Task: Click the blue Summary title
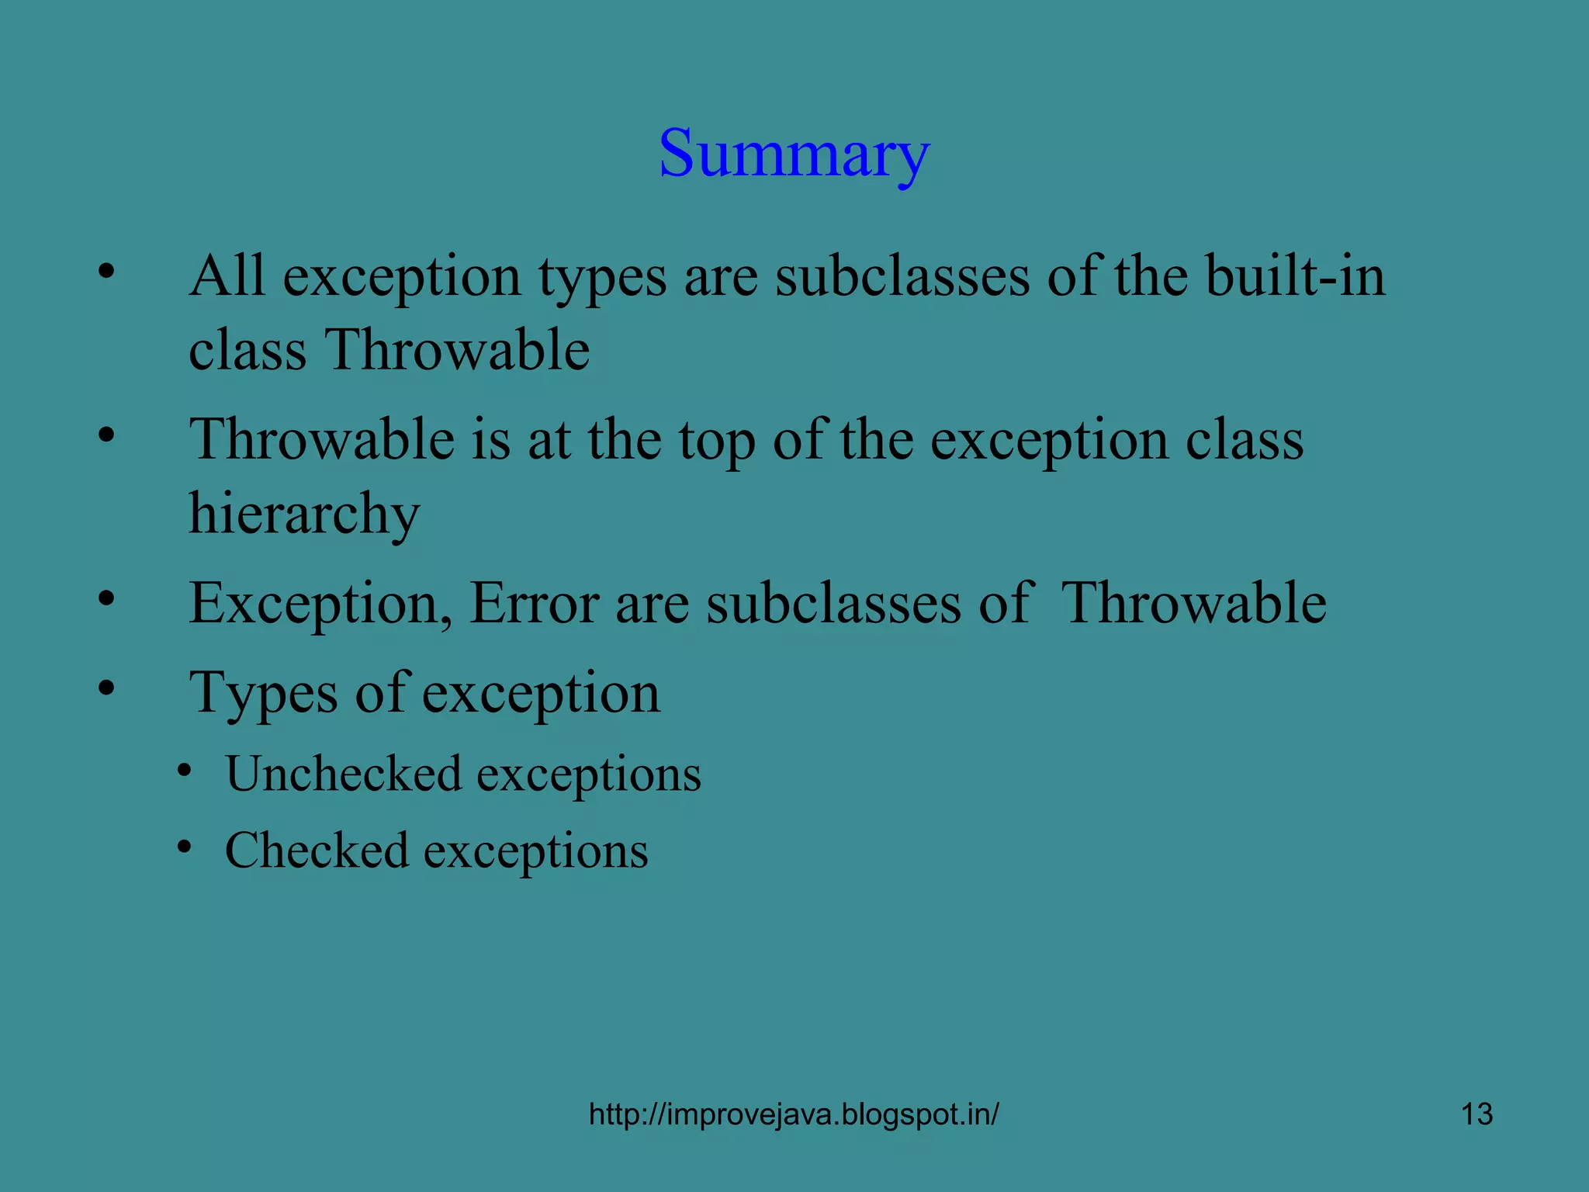(794, 153)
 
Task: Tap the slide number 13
(1476, 1114)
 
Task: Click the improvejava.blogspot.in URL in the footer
(794, 1114)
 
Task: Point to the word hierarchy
(304, 514)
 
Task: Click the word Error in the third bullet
(534, 603)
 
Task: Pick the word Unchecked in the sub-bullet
(344, 774)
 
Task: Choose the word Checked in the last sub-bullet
(317, 850)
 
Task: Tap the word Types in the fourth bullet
(264, 692)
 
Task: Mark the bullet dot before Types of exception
(106, 687)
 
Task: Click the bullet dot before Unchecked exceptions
(184, 771)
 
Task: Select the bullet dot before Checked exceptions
(184, 847)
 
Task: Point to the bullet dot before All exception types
(106, 271)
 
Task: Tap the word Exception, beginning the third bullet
(320, 603)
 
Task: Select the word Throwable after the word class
(457, 350)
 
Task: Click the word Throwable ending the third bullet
(1193, 603)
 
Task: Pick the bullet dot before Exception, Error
(106, 598)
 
